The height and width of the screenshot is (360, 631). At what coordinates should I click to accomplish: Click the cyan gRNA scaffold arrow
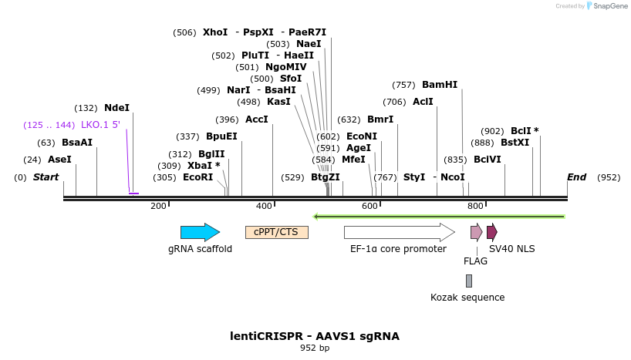200,232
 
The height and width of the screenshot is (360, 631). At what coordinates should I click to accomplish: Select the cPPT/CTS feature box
277,232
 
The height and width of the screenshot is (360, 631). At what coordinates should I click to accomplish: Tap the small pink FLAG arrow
476,232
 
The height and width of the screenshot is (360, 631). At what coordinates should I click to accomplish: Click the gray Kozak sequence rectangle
469,281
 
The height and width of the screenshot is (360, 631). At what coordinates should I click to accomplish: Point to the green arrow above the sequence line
439,217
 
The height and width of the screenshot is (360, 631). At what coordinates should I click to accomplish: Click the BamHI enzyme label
440,85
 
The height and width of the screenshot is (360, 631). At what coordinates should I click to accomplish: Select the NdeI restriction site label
116,108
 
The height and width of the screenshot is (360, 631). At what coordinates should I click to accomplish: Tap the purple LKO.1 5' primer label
100,125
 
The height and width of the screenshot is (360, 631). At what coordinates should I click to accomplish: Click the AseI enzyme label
59,160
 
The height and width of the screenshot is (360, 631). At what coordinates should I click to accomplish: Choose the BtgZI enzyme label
325,177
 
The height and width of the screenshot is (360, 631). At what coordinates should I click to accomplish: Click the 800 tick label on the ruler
475,206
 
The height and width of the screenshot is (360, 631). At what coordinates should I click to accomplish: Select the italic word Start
46,177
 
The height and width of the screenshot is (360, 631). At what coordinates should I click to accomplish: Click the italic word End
577,177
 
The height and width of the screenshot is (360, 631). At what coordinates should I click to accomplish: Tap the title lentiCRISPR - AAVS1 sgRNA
315,336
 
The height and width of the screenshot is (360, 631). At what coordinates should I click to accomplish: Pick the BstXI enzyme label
515,143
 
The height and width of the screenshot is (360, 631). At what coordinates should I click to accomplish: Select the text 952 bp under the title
315,348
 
